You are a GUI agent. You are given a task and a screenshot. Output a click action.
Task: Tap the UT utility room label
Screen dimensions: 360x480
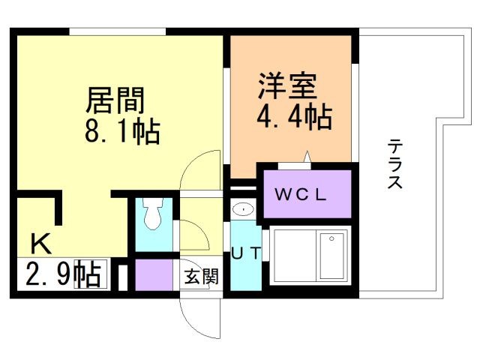coord(246,253)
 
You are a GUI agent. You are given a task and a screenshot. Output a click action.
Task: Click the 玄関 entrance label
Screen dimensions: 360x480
coord(201,276)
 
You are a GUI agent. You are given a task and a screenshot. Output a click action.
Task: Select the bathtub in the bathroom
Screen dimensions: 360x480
coord(331,255)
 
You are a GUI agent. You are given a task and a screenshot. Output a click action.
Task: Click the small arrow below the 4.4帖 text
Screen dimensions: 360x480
coord(306,155)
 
